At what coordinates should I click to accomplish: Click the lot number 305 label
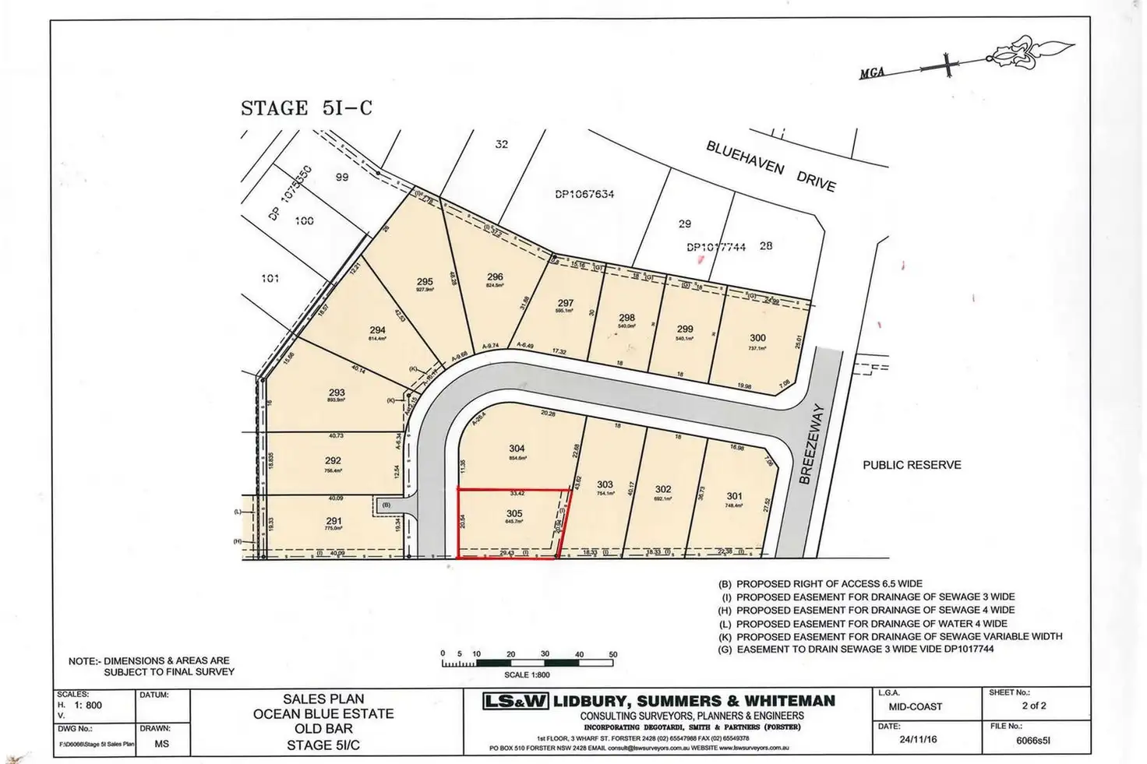coord(514,513)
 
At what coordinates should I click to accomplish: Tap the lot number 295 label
coord(425,282)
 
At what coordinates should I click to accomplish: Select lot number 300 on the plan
coord(757,338)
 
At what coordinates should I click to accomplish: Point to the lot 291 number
coord(334,521)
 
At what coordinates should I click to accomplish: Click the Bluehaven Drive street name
coord(771,166)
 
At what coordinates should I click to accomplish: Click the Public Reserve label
coord(912,465)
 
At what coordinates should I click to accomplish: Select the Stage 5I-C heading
coord(306,108)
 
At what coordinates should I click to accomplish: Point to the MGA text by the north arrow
coord(872,73)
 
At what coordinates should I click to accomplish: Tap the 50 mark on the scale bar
coord(612,654)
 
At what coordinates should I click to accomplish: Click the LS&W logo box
coord(515,701)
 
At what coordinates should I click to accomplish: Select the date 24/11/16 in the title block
coord(918,739)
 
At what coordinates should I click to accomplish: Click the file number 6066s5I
coord(1032,741)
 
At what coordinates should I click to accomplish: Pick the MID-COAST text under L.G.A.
coord(915,706)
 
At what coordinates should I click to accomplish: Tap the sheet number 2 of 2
coord(1034,706)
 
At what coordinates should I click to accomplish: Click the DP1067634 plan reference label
coord(584,194)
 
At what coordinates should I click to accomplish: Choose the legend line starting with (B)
coord(821,583)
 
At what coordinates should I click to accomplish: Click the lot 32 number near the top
coord(501,144)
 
